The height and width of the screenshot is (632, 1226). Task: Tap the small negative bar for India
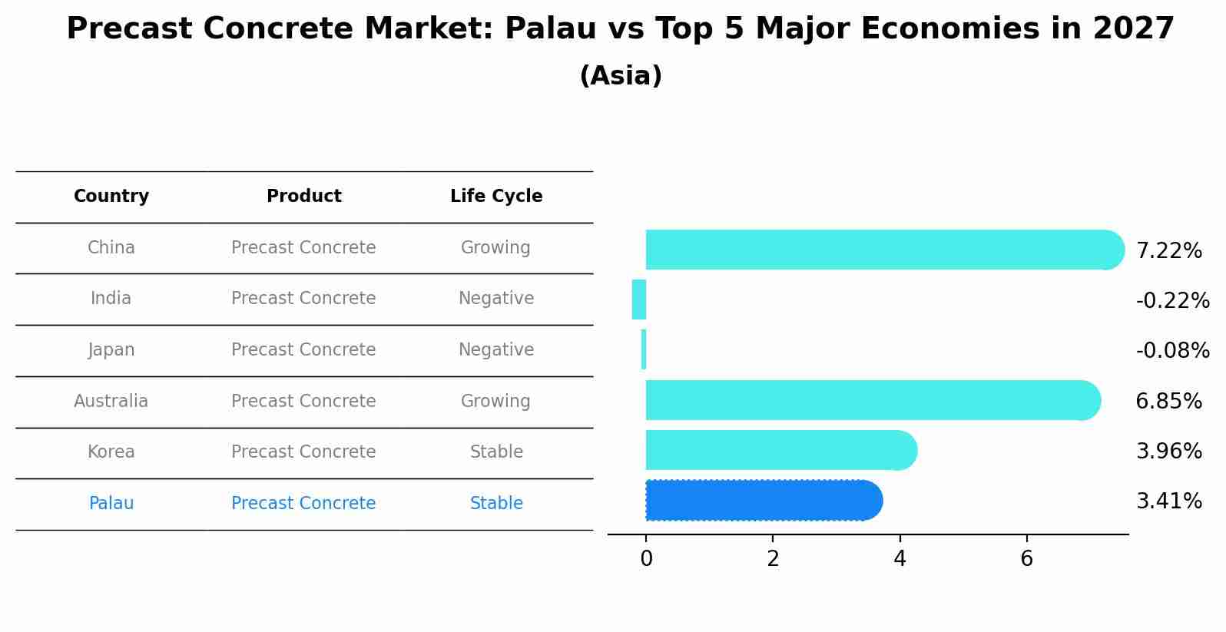click(639, 299)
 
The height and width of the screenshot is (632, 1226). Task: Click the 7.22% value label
click(1168, 251)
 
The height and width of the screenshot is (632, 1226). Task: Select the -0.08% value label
click(1172, 351)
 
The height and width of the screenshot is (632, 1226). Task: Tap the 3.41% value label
click(1168, 501)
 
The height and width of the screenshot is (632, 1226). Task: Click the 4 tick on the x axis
click(900, 559)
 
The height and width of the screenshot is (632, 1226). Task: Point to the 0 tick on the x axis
click(646, 559)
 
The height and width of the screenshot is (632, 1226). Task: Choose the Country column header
click(111, 197)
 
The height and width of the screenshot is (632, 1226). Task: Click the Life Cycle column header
click(496, 197)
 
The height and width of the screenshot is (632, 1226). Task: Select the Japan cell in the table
click(111, 350)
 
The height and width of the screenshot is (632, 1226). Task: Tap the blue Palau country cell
click(111, 504)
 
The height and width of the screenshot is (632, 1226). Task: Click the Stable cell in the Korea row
click(496, 452)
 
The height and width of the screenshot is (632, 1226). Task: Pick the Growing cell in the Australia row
click(495, 401)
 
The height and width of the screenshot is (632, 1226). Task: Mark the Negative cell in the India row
click(496, 299)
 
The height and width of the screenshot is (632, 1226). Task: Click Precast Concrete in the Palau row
click(303, 504)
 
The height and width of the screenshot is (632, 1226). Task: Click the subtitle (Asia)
click(621, 76)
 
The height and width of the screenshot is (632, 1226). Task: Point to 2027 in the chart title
click(1133, 29)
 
